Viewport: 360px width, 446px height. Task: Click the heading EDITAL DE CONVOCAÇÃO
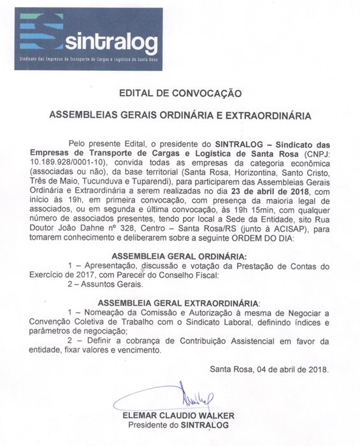(180, 93)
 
